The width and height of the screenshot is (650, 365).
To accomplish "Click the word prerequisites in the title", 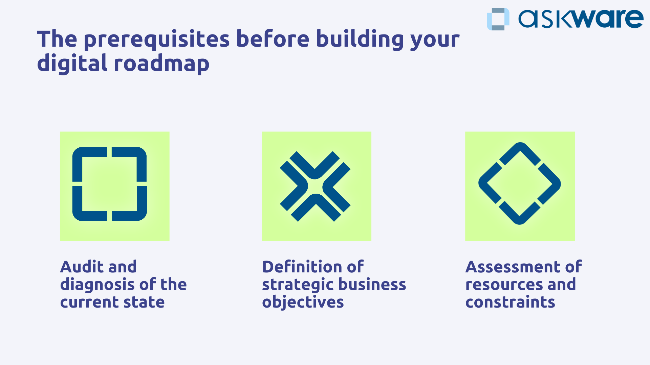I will [x=157, y=39].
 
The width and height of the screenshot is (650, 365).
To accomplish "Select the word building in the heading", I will [x=360, y=39].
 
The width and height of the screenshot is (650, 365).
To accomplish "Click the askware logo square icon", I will [x=498, y=19].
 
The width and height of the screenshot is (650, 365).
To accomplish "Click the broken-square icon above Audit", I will [x=110, y=184].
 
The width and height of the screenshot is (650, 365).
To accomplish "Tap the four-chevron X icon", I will [x=315, y=186].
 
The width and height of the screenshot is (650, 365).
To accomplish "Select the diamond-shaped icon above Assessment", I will [x=520, y=184].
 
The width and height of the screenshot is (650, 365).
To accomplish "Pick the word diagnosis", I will [x=97, y=285].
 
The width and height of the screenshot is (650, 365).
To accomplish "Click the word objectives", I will [x=303, y=302].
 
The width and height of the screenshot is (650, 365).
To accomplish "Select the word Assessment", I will [x=513, y=267].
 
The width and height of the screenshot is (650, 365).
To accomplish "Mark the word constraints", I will [x=510, y=302].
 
